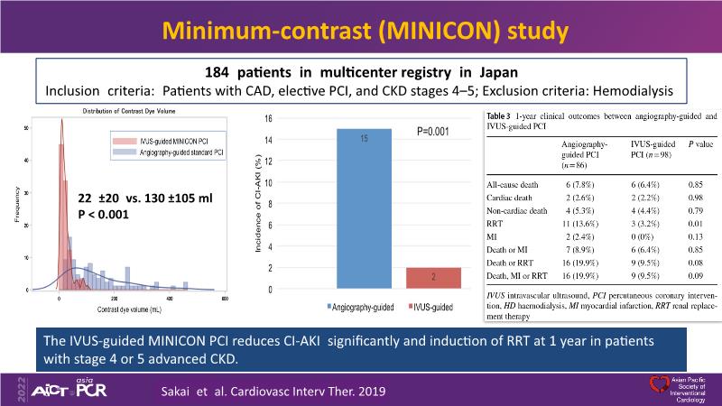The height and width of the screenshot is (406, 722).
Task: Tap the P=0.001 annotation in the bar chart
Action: point(434,132)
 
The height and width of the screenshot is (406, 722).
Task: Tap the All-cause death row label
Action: point(511,184)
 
